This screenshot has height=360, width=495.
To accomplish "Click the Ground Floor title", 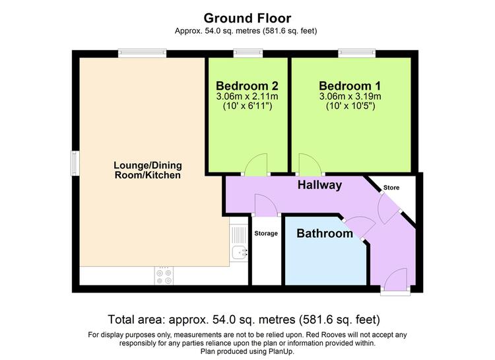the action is pyautogui.click(x=247, y=18).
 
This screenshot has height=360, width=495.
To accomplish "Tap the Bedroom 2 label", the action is pyautogui.click(x=247, y=86).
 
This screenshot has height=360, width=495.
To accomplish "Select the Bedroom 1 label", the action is pyautogui.click(x=350, y=86).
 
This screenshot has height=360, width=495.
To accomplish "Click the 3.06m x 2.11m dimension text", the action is pyautogui.click(x=247, y=96).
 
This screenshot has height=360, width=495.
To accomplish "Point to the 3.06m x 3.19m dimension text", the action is pyautogui.click(x=350, y=96).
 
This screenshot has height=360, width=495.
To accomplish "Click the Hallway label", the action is pyautogui.click(x=319, y=185).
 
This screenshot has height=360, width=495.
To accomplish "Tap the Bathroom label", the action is pyautogui.click(x=325, y=233).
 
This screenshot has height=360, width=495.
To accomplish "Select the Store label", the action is pyautogui.click(x=391, y=188).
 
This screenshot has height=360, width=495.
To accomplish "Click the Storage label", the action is pyautogui.click(x=266, y=233).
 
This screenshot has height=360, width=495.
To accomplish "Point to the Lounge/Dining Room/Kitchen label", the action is pyautogui.click(x=148, y=170).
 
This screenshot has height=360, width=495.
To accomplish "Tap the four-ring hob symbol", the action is pyautogui.click(x=164, y=276).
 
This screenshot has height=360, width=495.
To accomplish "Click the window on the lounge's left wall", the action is pyautogui.click(x=75, y=163).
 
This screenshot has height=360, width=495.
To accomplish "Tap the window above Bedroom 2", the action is pyautogui.click(x=248, y=53).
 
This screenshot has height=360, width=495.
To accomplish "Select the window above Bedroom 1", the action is pyautogui.click(x=357, y=53).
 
